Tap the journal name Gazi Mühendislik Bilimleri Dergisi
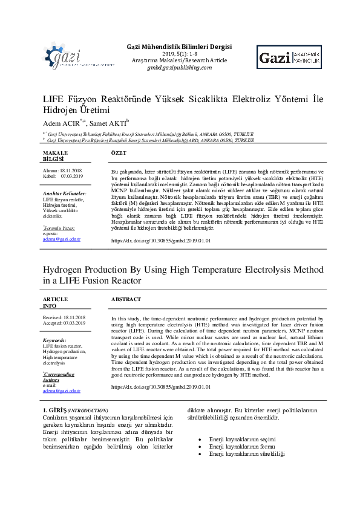(178, 47)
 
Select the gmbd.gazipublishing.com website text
(178, 67)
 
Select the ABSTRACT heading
(126, 299)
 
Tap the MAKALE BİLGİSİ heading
(54, 156)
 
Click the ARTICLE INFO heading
(55, 302)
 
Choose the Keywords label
(54, 340)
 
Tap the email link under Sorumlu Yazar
(62, 239)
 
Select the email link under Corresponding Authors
(62, 392)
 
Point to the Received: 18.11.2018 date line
(64, 317)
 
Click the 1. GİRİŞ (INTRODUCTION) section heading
(73, 410)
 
